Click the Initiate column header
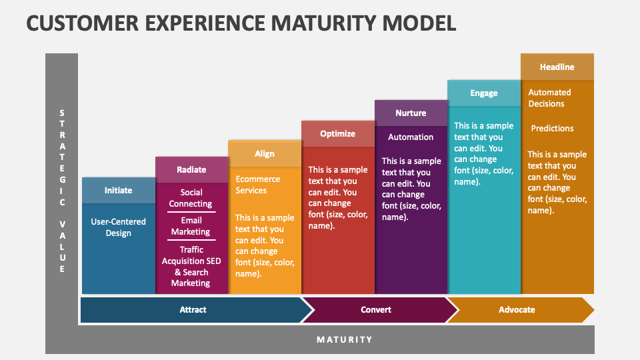click(x=119, y=190)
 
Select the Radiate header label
click(x=191, y=169)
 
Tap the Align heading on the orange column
click(x=265, y=153)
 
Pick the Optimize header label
click(x=338, y=133)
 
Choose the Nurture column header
click(x=411, y=113)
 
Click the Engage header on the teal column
click(x=484, y=93)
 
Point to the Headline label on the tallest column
click(x=557, y=67)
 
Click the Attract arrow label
click(x=193, y=309)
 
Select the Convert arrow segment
click(x=376, y=309)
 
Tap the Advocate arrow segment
click(x=517, y=309)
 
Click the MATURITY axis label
click(x=345, y=339)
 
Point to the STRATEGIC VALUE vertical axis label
click(x=62, y=191)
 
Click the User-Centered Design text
click(x=119, y=227)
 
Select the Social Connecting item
click(x=191, y=198)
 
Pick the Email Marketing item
click(x=191, y=226)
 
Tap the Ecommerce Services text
click(x=257, y=185)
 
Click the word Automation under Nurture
click(x=411, y=137)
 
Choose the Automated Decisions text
click(x=549, y=98)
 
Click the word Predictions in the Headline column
click(x=552, y=128)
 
